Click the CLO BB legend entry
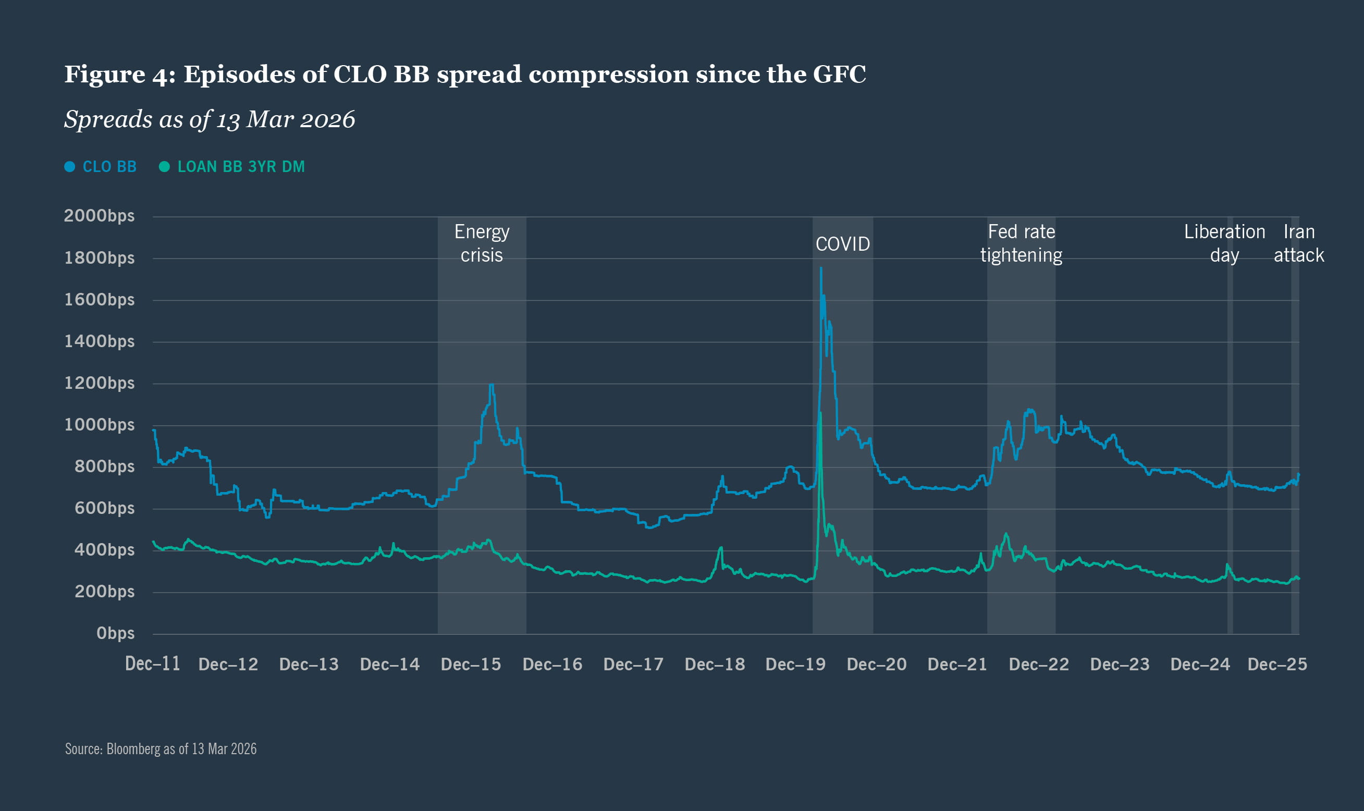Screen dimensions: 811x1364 click(101, 167)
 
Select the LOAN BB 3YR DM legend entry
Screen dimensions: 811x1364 click(232, 167)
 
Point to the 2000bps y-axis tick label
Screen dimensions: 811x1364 click(99, 216)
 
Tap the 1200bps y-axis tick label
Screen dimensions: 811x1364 click(99, 383)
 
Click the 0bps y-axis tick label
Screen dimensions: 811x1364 click(115, 633)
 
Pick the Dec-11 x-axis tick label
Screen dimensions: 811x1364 click(153, 664)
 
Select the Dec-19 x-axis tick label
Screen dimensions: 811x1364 click(795, 665)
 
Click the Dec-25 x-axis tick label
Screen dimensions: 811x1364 click(1277, 665)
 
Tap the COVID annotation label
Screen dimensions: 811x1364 click(842, 244)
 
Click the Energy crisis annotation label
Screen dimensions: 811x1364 click(482, 243)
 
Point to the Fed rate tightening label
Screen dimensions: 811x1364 click(1021, 243)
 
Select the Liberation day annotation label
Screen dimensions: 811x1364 click(1224, 243)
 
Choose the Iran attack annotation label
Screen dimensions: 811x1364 click(1298, 243)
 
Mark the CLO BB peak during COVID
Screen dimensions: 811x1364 click(821, 268)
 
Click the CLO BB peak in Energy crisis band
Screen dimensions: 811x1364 click(491, 385)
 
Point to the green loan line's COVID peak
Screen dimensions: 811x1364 click(820, 413)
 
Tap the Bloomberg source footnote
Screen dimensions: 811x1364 click(161, 748)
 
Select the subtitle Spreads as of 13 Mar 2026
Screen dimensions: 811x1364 click(210, 119)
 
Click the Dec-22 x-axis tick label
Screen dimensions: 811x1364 click(1038, 665)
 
